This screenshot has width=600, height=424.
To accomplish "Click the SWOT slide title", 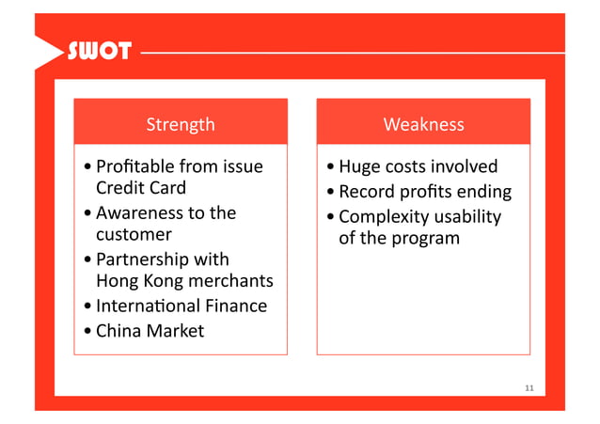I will click(x=98, y=51).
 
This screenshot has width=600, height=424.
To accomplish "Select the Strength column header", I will click(x=181, y=124).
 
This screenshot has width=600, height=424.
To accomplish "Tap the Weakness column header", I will click(x=423, y=124).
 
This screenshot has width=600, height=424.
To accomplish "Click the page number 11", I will click(x=529, y=388).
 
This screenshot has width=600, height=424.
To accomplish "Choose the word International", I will click(x=148, y=306).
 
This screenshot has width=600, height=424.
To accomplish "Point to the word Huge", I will click(x=358, y=167).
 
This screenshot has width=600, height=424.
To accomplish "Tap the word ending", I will click(x=484, y=193).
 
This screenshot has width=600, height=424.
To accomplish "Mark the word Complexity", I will click(x=384, y=217).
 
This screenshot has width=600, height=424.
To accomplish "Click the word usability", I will click(x=466, y=217).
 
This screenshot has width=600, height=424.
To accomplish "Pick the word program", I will click(x=426, y=238).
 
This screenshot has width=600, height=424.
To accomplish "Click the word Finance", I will click(x=237, y=306).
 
